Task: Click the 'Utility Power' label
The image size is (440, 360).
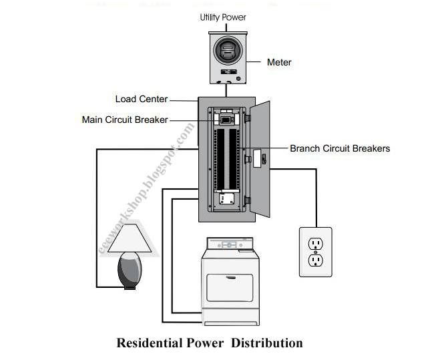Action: coord(224,17)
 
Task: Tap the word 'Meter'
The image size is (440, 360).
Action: coord(279,62)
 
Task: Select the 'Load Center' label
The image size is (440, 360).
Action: coord(141,99)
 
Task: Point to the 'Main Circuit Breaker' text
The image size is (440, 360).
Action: coord(125,120)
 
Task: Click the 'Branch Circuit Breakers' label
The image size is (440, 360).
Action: coord(340,148)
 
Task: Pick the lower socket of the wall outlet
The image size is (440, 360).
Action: coord(316,260)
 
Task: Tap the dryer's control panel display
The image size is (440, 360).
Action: coord(232,245)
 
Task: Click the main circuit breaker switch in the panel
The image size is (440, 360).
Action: coord(226,120)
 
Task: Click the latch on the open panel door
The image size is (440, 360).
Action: coord(262,159)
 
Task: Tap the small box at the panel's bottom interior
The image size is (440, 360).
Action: coord(226,198)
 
